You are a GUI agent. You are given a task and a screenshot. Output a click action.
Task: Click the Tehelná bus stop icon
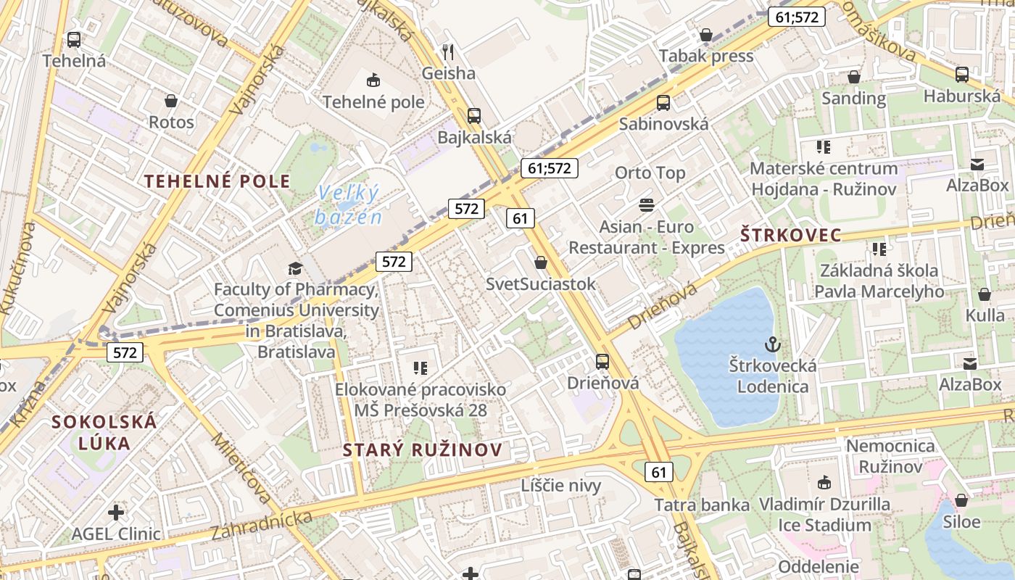(x=73, y=40)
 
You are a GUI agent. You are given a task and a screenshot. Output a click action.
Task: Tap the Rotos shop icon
(x=171, y=101)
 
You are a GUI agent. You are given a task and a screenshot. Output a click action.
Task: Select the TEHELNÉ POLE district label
(x=217, y=181)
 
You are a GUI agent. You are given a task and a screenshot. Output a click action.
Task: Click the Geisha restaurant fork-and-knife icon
(x=448, y=52)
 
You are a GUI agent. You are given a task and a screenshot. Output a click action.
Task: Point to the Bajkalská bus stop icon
(x=473, y=116)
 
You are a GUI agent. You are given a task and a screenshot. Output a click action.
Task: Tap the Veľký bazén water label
(x=348, y=204)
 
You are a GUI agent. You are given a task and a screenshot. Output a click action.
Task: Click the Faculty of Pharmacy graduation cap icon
(x=294, y=269)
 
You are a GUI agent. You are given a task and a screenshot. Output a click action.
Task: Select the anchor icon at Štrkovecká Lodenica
(x=771, y=344)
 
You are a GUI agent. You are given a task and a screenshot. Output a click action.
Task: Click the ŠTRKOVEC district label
(x=790, y=235)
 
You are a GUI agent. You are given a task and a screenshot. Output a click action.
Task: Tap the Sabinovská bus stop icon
(x=663, y=103)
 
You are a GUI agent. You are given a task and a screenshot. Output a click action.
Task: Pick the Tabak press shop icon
(x=705, y=35)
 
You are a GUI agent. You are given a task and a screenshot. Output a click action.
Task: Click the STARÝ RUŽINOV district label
(x=422, y=449)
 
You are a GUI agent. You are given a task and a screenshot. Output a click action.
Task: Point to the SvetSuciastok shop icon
(x=540, y=262)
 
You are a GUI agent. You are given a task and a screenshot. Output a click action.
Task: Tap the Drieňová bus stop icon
(x=602, y=361)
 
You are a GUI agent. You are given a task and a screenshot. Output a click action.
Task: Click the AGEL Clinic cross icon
(x=116, y=513)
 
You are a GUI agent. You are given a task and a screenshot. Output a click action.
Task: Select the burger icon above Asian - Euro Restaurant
(x=646, y=205)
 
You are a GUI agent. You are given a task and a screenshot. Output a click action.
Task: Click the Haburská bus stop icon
(x=961, y=74)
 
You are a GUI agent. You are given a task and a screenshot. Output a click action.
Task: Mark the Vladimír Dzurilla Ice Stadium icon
(x=824, y=482)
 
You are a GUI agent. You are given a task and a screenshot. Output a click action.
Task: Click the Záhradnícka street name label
(x=262, y=525)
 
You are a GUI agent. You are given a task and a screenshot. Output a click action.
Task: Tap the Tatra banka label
(x=702, y=505)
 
